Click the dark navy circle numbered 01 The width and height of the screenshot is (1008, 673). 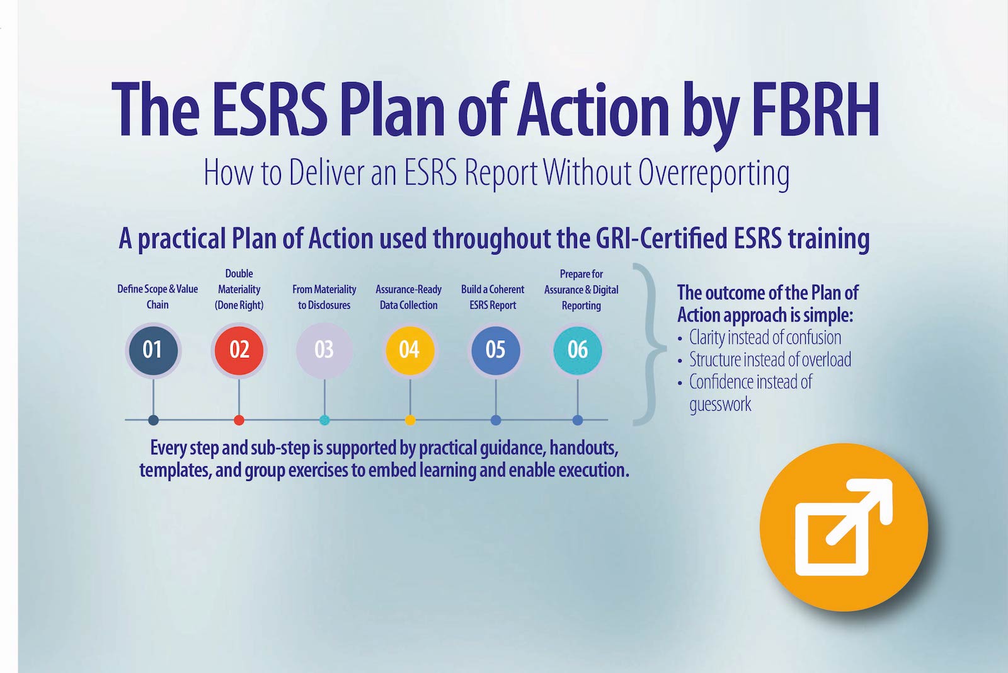pyautogui.click(x=153, y=350)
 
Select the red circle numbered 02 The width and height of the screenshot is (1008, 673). pyautogui.click(x=239, y=350)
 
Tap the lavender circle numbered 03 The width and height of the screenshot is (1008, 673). pyautogui.click(x=324, y=350)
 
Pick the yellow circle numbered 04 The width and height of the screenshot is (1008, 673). pyautogui.click(x=409, y=350)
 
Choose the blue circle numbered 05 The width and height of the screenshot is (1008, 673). pyautogui.click(x=495, y=350)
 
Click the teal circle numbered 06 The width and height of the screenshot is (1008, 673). pyautogui.click(x=577, y=350)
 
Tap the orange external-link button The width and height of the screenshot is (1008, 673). pyautogui.click(x=844, y=527)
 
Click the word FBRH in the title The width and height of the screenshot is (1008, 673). pyautogui.click(x=815, y=110)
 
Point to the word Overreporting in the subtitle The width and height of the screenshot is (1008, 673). pyautogui.click(x=714, y=173)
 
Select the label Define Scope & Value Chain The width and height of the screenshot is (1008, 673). pyautogui.click(x=157, y=297)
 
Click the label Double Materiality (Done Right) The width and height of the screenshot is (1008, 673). pyautogui.click(x=239, y=289)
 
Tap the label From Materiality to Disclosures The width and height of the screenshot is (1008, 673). pyautogui.click(x=324, y=297)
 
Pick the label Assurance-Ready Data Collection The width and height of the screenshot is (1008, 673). pyautogui.click(x=409, y=297)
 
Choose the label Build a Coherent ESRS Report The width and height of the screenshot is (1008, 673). pyautogui.click(x=493, y=297)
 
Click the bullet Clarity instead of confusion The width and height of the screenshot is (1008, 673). pyautogui.click(x=765, y=337)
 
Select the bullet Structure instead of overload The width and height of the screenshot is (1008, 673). pyautogui.click(x=770, y=359)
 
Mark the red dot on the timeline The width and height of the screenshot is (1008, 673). pyautogui.click(x=239, y=420)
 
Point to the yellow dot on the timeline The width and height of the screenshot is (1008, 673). pyautogui.click(x=410, y=420)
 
